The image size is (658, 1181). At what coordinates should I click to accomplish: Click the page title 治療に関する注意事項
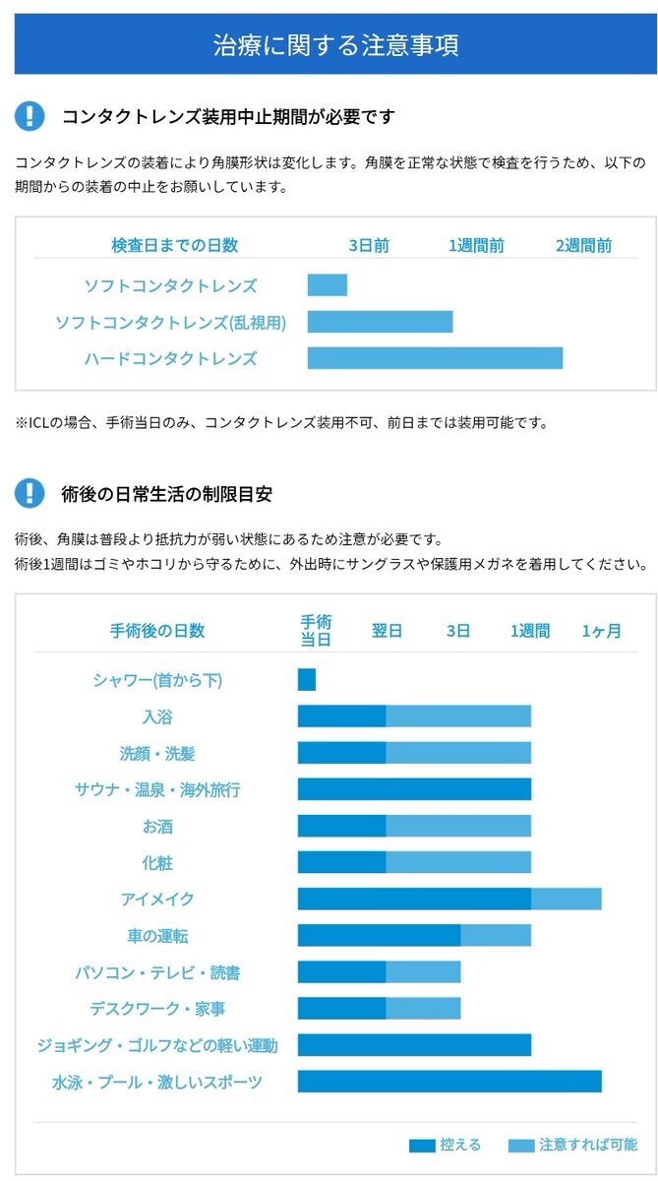[x=335, y=45]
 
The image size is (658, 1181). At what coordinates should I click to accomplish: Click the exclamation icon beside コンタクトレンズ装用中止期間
[x=30, y=116]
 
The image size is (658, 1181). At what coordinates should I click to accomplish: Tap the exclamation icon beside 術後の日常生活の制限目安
[x=30, y=493]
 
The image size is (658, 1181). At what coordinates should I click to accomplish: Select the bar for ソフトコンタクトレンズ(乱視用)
[x=380, y=322]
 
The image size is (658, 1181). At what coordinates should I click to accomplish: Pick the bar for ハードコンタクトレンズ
[x=435, y=358]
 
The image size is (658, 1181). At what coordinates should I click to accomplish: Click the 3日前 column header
[x=369, y=246]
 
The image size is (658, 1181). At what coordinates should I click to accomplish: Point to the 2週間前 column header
[x=583, y=246]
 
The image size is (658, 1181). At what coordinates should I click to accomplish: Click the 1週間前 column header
[x=477, y=246]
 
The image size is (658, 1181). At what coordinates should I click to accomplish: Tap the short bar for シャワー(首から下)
[x=307, y=680]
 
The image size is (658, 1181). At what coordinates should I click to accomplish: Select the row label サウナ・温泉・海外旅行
[x=157, y=789]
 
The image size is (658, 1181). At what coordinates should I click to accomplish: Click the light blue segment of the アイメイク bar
[x=566, y=899]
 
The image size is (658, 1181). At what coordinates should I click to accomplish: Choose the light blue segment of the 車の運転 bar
[x=496, y=935]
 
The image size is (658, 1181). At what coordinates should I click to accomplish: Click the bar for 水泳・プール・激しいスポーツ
[x=449, y=1082]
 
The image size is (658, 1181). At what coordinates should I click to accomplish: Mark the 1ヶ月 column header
[x=601, y=631]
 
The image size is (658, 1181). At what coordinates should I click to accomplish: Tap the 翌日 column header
[x=387, y=631]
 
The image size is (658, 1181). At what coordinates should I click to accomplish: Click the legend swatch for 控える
[x=422, y=1146]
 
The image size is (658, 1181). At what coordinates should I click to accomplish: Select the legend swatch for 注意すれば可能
[x=521, y=1146]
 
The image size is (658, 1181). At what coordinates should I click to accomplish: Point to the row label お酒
[x=157, y=826]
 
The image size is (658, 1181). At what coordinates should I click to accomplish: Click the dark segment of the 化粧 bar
[x=341, y=862]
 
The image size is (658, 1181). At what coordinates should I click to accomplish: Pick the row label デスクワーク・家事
[x=157, y=1009]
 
